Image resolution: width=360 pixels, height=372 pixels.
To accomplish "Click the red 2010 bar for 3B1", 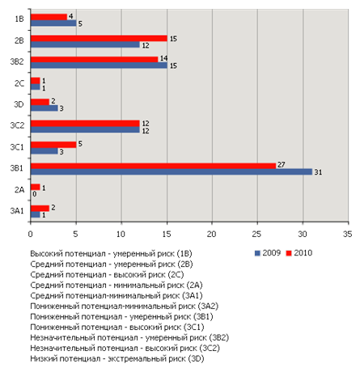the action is tap(153, 166).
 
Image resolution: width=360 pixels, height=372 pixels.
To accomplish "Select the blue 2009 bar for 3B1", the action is tap(172, 171).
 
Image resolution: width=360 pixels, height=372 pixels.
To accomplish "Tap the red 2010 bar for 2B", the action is tap(99, 38).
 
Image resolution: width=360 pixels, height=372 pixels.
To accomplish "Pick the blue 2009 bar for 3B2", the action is tap(99, 66).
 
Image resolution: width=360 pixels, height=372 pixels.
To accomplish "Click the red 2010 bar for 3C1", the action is tap(53, 145).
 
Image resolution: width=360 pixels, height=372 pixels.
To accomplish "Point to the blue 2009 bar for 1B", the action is tap(53, 23).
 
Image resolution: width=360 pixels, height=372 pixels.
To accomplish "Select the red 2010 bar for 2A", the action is tap(36, 187).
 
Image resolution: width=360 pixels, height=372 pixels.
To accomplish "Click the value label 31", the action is tap(318, 172).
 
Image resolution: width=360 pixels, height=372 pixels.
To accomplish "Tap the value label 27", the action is tap(282, 165).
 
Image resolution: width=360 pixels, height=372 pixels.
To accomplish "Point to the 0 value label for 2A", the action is tap(34, 194).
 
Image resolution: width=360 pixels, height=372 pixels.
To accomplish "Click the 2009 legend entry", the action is tap(268, 253).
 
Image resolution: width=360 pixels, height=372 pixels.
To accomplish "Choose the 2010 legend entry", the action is tap(299, 253).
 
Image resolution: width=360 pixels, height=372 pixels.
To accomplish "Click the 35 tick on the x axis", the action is tap(348, 234).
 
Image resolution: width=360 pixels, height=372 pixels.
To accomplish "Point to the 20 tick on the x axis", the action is tap(212, 234).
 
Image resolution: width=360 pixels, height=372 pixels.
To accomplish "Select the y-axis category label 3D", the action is tap(19, 104).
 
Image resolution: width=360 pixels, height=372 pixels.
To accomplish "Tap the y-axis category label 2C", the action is tap(19, 83).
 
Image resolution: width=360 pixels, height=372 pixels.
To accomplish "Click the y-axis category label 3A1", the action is tap(17, 210).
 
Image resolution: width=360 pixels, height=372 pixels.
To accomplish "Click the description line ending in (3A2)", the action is tap(125, 306).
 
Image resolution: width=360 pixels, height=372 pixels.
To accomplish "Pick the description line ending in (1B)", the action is tap(111, 254).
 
